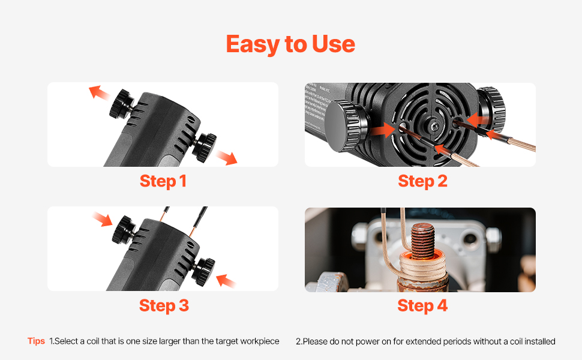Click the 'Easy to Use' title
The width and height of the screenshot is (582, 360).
tap(290, 44)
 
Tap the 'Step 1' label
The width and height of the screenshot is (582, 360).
tap(163, 181)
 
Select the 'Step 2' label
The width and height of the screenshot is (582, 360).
tap(422, 181)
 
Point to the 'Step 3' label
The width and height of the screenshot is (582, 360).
tap(164, 305)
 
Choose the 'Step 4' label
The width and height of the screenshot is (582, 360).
tap(422, 305)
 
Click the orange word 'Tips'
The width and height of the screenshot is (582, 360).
tap(36, 341)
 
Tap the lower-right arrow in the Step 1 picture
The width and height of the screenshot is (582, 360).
tap(226, 158)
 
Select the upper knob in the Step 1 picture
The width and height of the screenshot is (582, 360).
tap(122, 104)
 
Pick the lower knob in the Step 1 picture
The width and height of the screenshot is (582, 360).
tap(205, 148)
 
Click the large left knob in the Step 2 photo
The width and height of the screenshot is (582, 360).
tap(343, 125)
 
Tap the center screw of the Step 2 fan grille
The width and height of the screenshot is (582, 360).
tap(434, 127)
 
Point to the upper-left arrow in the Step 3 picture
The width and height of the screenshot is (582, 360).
tap(102, 219)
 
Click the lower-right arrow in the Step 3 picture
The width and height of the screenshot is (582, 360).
tap(226, 281)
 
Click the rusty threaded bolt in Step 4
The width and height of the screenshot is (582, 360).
tap(423, 241)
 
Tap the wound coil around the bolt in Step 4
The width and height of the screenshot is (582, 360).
tap(422, 266)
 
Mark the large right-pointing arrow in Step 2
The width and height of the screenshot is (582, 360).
tap(383, 130)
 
